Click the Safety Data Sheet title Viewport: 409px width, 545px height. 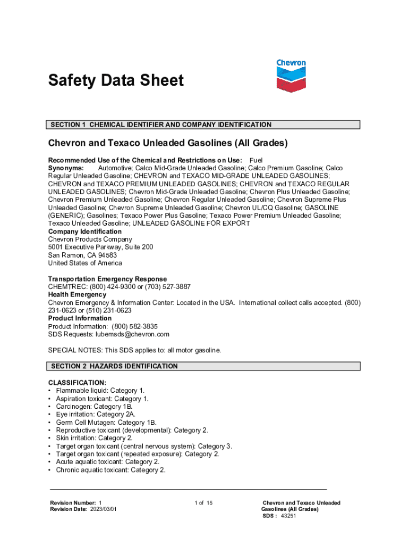[x=116, y=81]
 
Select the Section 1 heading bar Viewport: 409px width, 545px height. [x=204, y=125]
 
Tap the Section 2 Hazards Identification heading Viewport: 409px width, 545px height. [x=114, y=366]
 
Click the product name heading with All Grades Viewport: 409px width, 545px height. [x=168, y=143]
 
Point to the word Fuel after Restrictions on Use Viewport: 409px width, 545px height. [x=256, y=160]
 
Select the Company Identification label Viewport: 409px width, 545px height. [x=84, y=232]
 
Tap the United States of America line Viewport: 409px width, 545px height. [x=85, y=263]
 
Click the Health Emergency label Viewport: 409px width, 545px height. [x=77, y=294]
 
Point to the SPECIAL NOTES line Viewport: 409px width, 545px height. [x=134, y=350]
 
